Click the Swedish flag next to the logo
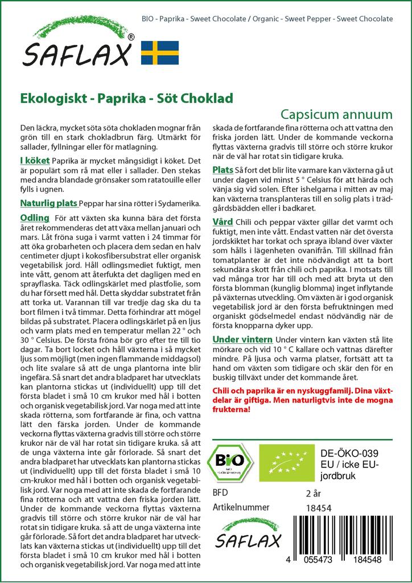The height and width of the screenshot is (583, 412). tap(160, 52)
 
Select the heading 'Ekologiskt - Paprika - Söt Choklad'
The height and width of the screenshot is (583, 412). tap(126, 98)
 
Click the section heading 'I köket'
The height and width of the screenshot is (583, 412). tap(35, 160)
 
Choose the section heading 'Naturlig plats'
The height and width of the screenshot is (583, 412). tap(48, 203)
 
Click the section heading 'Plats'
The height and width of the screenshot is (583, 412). tap(223, 170)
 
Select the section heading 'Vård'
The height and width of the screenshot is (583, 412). tap(222, 221)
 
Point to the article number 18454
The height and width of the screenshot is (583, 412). tap(319, 508)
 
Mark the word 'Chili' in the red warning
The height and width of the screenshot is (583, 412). tap(222, 391)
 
